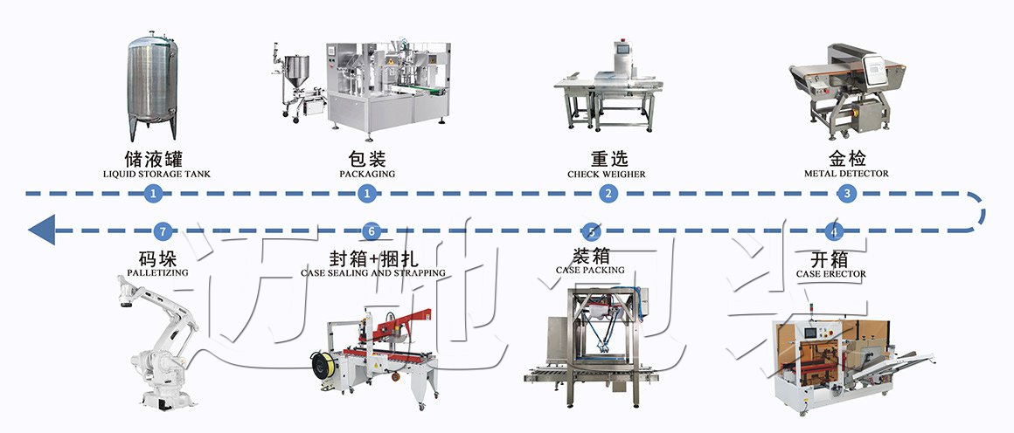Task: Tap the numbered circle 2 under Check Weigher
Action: (x=608, y=194)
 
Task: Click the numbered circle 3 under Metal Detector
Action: (x=845, y=194)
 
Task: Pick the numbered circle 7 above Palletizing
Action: (x=162, y=231)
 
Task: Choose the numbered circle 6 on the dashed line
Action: (x=372, y=231)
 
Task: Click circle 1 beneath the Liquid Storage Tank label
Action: (x=154, y=194)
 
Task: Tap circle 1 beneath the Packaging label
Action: (x=367, y=194)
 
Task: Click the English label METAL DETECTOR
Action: (x=846, y=174)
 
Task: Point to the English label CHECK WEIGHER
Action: (x=607, y=174)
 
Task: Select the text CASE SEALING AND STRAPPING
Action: (x=373, y=273)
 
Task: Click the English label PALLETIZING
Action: (x=158, y=273)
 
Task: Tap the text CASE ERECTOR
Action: (x=831, y=274)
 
